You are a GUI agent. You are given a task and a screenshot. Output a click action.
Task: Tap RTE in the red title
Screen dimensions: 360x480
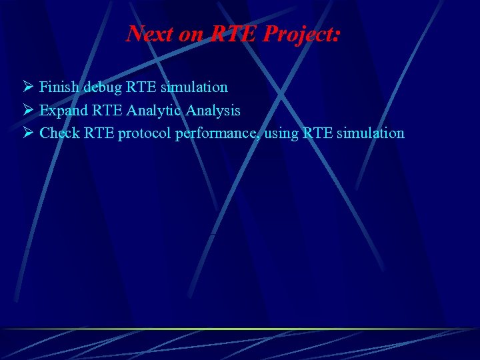[234, 33]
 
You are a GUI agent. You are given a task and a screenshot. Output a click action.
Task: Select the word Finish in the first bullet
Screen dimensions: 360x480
[59, 87]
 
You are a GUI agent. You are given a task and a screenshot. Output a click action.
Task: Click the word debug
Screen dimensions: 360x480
[103, 87]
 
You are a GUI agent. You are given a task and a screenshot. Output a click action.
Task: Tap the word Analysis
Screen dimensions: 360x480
[213, 110]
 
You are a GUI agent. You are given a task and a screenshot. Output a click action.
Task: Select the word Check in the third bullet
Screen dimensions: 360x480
[60, 133]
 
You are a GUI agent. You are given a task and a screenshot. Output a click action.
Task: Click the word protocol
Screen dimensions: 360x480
[145, 133]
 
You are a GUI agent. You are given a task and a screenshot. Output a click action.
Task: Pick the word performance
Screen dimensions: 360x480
[217, 133]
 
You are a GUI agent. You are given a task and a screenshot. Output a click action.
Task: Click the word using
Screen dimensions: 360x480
[281, 134]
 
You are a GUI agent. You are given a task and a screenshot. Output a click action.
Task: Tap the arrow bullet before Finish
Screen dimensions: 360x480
[27, 87]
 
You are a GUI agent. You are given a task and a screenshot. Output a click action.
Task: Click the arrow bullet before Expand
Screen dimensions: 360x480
[27, 110]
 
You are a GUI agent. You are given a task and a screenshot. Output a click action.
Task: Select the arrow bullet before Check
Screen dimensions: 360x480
[27, 133]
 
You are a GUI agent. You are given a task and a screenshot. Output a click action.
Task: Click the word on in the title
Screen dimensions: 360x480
[191, 34]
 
